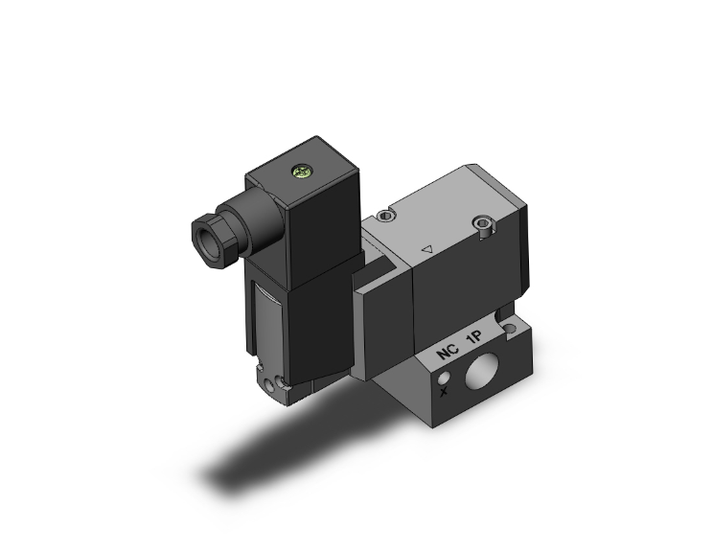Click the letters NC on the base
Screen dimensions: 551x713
448,353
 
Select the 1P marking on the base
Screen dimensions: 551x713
476,339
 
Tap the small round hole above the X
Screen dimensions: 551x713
443,375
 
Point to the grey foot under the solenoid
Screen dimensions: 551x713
283,383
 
